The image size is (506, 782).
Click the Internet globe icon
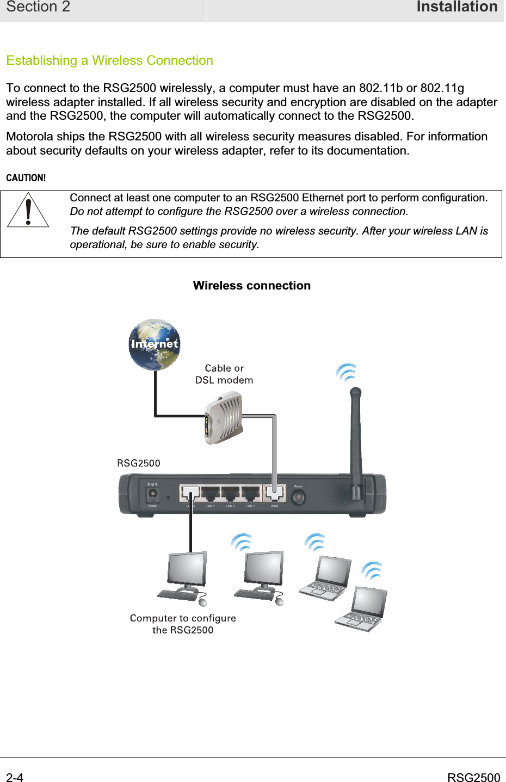(x=155, y=344)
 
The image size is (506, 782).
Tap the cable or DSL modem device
(x=223, y=418)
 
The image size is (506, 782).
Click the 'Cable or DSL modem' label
(x=224, y=374)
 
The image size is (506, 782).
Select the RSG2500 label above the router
(x=139, y=463)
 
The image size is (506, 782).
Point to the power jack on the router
(x=153, y=494)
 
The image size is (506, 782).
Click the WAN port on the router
(x=274, y=494)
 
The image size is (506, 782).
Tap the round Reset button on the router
(x=298, y=496)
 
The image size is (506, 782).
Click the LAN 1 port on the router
(x=251, y=494)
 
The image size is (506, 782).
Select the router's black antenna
(x=356, y=441)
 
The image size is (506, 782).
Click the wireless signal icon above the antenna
(x=347, y=372)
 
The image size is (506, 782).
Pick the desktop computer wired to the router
(x=183, y=577)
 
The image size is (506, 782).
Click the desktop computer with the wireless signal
(x=260, y=577)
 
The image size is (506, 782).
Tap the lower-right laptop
(x=361, y=609)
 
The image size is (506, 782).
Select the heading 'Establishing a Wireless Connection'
(x=109, y=60)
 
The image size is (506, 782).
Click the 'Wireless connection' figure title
(x=251, y=286)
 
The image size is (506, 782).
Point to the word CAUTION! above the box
(x=26, y=178)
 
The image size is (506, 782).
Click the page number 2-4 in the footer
(x=15, y=778)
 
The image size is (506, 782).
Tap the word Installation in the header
(x=456, y=7)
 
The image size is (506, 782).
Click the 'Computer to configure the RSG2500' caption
(x=183, y=624)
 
